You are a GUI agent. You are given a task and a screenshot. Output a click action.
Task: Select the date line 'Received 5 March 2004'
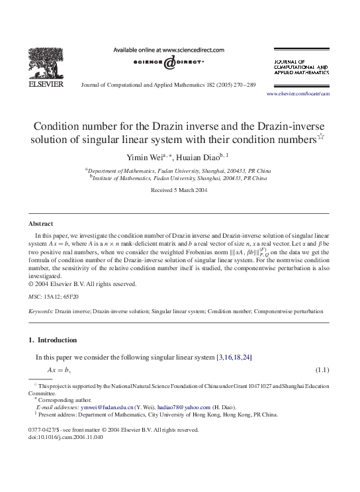click(179, 190)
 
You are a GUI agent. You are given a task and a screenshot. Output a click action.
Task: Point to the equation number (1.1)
click(322, 369)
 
